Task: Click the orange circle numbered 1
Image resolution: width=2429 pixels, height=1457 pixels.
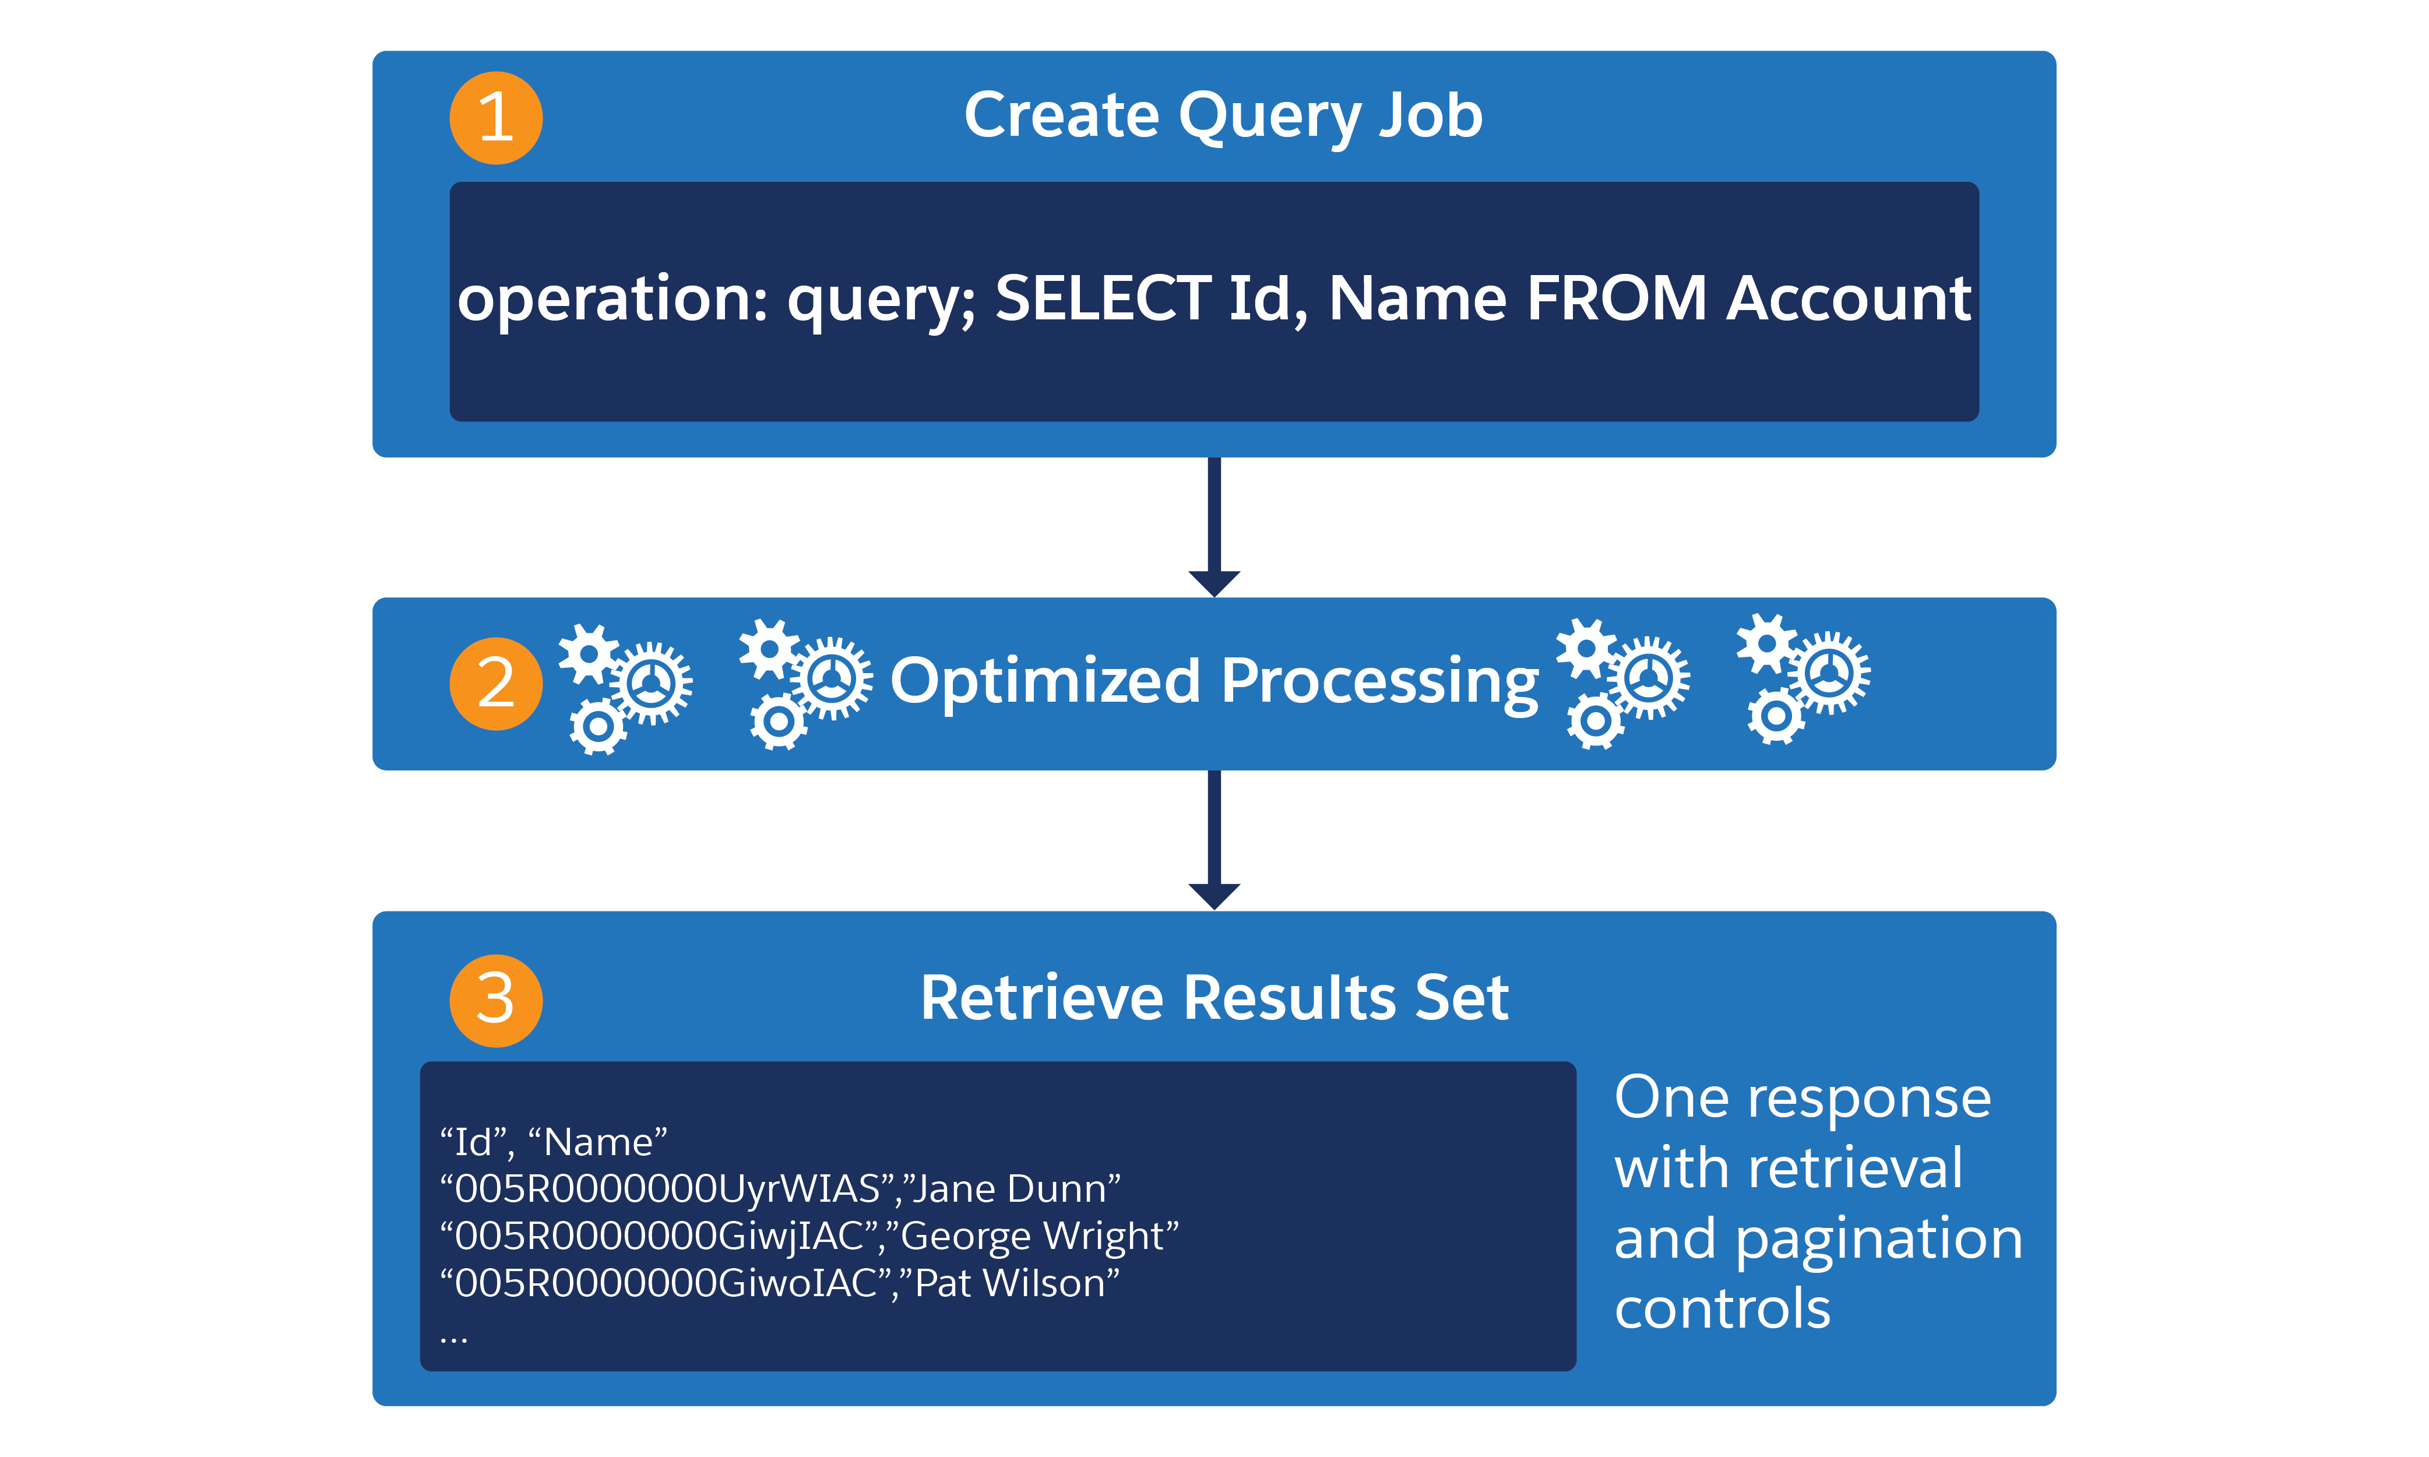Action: pos(496,118)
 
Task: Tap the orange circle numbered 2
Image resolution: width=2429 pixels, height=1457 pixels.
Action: pos(496,684)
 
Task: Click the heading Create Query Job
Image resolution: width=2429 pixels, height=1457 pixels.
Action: pos(1222,116)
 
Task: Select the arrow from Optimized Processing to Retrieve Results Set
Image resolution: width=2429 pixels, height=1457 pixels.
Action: pos(1214,839)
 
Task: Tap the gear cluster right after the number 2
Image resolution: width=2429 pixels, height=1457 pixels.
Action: pos(625,687)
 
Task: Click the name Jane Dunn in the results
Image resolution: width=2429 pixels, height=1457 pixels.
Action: pos(1017,1189)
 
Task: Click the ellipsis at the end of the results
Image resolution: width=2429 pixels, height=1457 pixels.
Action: pos(453,1337)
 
